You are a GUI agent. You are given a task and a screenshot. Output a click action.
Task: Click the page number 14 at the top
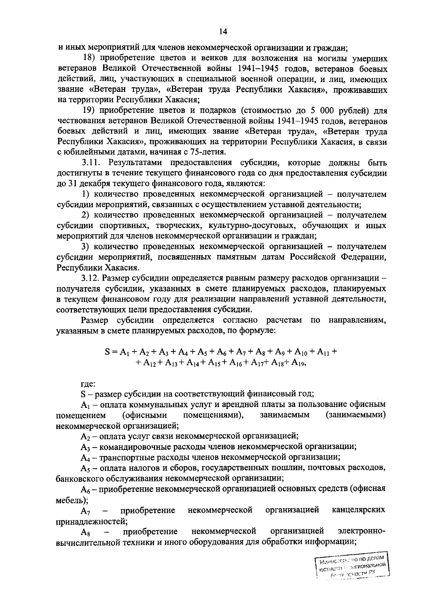click(x=222, y=32)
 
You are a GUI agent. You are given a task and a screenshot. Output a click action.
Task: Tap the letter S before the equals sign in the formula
click(x=108, y=351)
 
